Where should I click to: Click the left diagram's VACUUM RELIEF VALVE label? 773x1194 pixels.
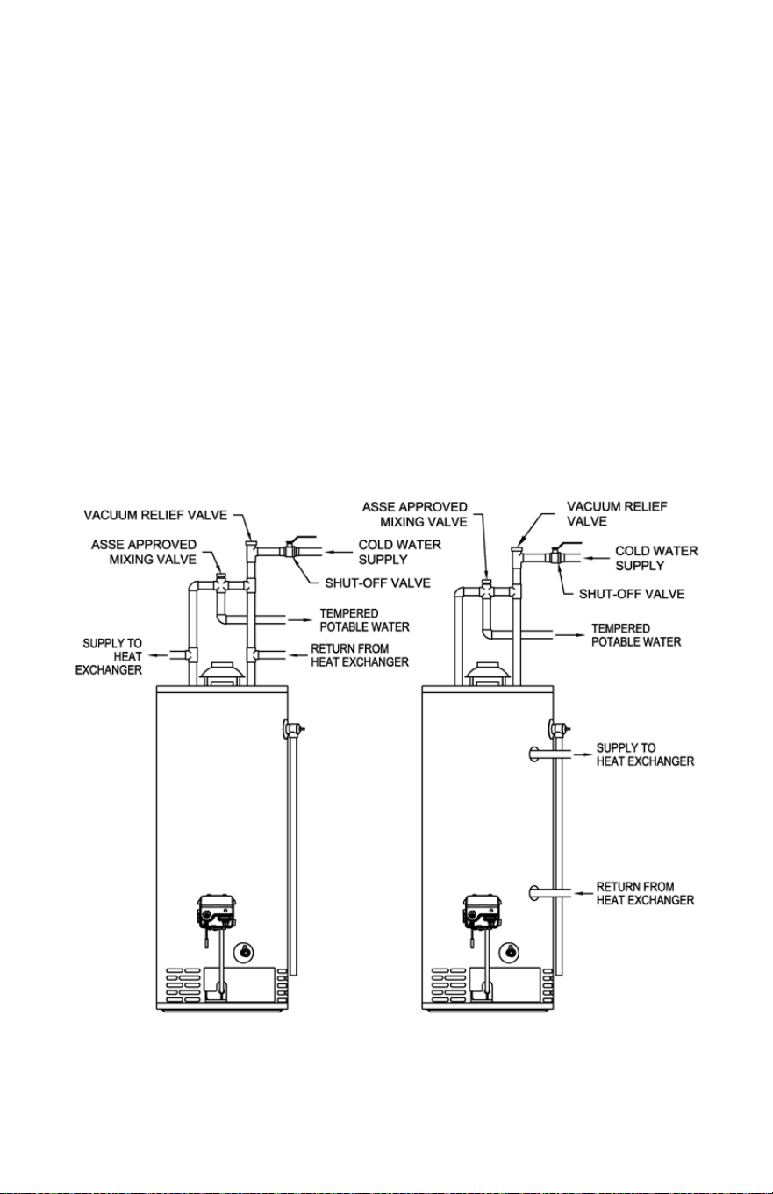click(155, 516)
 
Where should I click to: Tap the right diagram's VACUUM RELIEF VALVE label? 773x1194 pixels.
click(617, 514)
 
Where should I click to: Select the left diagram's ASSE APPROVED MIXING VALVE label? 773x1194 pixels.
click(144, 552)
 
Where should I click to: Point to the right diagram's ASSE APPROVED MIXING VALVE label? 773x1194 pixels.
click(415, 514)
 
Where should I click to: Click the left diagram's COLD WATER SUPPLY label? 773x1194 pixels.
click(400, 552)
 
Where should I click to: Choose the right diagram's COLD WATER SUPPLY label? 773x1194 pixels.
click(656, 558)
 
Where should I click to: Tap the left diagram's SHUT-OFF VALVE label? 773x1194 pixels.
click(378, 583)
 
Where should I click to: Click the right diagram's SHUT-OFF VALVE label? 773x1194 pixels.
click(632, 594)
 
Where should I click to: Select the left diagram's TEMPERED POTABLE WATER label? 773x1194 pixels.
click(365, 620)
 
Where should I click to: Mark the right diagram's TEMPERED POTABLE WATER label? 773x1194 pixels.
click(636, 635)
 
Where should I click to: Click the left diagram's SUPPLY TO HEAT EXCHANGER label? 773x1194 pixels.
click(109, 657)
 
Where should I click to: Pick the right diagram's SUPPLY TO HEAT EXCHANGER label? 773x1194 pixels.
click(645, 754)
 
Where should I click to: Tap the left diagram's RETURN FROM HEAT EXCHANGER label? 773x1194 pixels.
click(360, 655)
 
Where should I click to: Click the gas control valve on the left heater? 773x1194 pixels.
click(217, 912)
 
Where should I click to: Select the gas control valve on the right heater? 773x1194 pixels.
click(483, 912)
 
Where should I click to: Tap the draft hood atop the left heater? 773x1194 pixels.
click(222, 674)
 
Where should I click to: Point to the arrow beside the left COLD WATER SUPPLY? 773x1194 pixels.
click(338, 552)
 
